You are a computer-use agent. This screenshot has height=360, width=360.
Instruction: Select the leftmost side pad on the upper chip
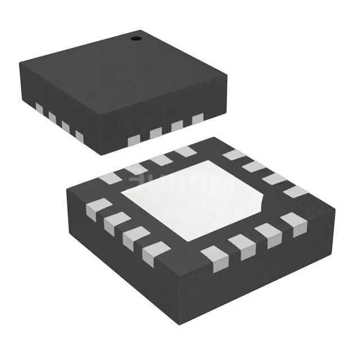pos(39,107)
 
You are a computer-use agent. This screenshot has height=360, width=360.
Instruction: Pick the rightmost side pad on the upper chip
pos(197,119)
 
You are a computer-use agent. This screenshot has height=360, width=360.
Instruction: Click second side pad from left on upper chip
pos(52,117)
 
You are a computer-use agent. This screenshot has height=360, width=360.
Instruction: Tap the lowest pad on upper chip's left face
pos(79,136)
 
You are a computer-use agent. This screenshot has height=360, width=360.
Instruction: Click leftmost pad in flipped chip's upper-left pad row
pos(110,178)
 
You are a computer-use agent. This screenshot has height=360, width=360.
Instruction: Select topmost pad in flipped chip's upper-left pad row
pos(184,151)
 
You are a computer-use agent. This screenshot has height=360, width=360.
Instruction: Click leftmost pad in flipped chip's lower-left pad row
pos(98,209)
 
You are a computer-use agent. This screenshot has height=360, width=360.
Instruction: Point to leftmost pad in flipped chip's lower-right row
pos(215,258)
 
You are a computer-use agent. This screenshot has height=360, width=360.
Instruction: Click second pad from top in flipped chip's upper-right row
pos(255,166)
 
